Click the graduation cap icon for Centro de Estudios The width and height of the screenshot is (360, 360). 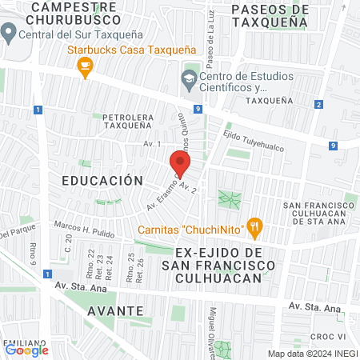(189, 78)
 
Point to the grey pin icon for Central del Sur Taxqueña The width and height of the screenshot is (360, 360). (10, 34)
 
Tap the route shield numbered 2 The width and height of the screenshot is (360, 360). (318, 104)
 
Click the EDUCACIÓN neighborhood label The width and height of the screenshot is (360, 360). (102, 181)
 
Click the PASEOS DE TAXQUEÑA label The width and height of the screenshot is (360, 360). (269, 16)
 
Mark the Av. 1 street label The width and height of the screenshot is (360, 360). (130, 144)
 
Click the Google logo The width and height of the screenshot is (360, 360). (26, 350)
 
